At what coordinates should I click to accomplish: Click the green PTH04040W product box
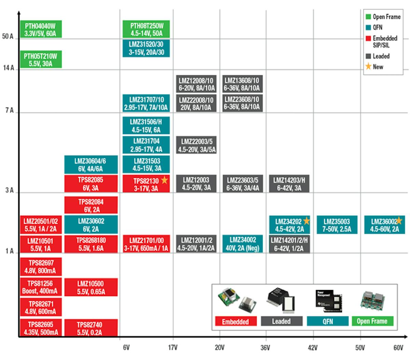coord(41,29)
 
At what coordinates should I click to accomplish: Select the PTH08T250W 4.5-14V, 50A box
coord(146,29)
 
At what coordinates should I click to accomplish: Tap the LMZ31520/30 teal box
coord(146,48)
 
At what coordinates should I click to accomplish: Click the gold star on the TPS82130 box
coord(165,180)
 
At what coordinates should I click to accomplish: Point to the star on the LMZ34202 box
coord(306,221)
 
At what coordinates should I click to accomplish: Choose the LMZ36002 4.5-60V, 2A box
coord(385,225)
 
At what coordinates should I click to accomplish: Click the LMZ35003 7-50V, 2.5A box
coord(337,225)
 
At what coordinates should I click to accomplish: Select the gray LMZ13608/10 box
coord(242,84)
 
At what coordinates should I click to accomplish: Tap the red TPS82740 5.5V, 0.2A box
coord(91,328)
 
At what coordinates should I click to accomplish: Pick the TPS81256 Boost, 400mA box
coord(41,287)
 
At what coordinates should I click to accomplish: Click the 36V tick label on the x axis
coord(265,348)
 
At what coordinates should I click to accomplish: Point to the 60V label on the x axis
coord(398,348)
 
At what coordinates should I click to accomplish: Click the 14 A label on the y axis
coord(9,68)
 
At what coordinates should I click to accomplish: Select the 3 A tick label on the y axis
coord(10,190)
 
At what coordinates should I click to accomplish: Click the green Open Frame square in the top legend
coord(368,17)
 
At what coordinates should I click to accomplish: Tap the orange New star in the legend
coord(368,67)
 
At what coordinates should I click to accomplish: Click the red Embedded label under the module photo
coord(235,321)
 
